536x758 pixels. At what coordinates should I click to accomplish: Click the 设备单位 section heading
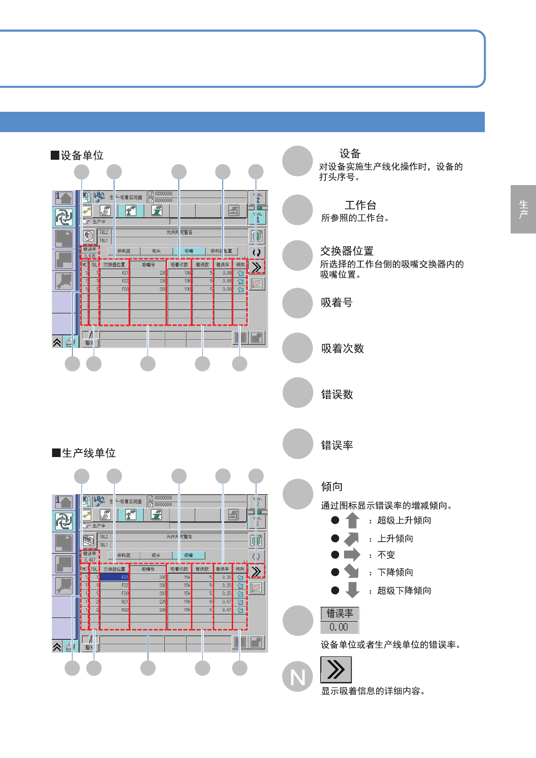point(77,156)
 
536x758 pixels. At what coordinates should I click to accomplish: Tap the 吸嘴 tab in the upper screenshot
point(189,251)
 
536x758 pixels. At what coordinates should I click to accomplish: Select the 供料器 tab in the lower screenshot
point(124,555)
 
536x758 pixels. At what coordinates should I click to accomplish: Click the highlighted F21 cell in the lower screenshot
point(115,577)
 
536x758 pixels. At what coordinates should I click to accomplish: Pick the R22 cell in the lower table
point(115,610)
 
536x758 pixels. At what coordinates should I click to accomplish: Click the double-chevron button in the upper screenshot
point(256,267)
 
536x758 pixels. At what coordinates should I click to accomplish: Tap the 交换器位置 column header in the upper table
point(114,265)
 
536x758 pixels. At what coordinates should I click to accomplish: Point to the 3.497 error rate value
point(89,560)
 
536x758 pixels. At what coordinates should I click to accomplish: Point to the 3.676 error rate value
point(89,256)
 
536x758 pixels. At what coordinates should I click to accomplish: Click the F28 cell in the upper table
point(115,289)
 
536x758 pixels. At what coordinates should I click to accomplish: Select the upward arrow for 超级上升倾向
point(352,520)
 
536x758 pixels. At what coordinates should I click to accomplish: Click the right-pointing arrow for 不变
point(352,555)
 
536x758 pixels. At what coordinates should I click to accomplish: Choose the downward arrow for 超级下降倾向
point(352,590)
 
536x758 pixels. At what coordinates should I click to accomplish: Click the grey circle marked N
point(297,677)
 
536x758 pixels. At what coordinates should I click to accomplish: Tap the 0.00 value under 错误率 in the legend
point(339,627)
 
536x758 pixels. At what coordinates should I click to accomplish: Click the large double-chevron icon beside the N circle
point(336,670)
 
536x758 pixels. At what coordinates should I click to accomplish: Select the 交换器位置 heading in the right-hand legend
point(347,251)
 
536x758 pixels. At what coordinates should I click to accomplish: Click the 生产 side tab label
point(523,209)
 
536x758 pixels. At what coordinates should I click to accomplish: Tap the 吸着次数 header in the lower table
point(179,569)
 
